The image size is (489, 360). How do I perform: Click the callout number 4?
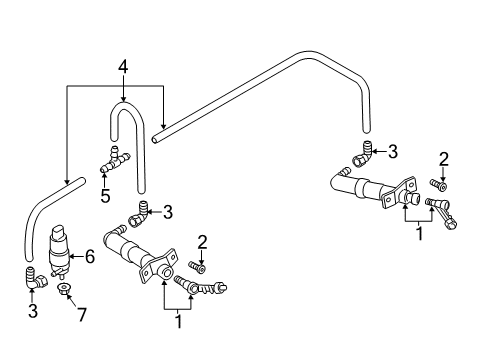[123, 67]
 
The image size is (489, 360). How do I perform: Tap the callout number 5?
[105, 196]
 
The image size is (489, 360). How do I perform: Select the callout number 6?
[90, 257]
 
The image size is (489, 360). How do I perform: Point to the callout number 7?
[82, 315]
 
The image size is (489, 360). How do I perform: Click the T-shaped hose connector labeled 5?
[115, 160]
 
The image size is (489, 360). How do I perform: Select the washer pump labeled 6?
[59, 251]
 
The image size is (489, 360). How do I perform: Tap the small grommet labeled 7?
[63, 288]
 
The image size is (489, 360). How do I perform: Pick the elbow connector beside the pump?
[36, 278]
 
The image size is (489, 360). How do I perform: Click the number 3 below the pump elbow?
[33, 311]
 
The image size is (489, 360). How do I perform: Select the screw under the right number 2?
[438, 185]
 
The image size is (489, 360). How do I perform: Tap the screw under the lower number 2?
[197, 267]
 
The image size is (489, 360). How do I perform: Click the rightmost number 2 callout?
[444, 159]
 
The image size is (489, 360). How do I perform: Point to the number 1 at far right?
[420, 234]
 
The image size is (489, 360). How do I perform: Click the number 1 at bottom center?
[179, 321]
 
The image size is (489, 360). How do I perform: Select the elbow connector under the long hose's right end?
[362, 153]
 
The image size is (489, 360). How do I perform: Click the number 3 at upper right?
[393, 152]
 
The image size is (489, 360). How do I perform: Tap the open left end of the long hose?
[155, 139]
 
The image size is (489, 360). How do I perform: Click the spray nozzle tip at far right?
[451, 225]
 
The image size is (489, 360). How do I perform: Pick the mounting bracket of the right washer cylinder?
[398, 194]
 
